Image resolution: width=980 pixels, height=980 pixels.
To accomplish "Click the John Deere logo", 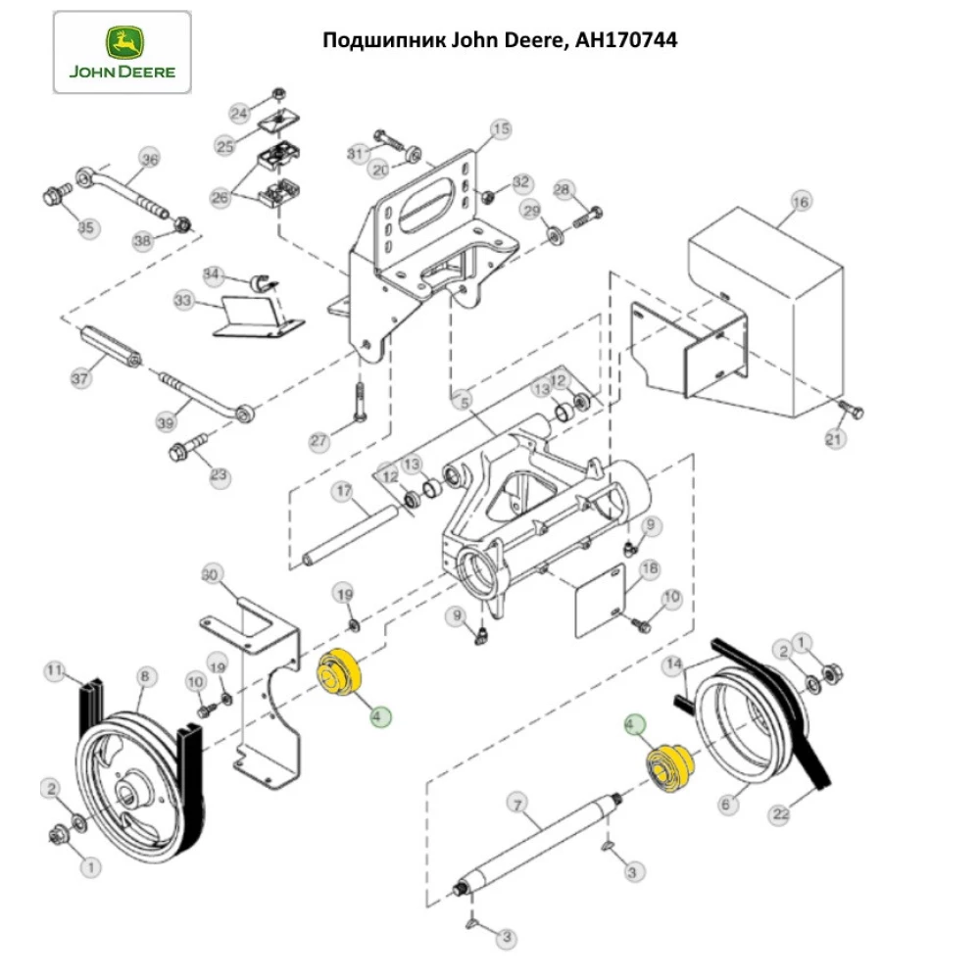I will pos(122,51).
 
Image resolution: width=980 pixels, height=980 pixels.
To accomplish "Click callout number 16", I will pos(801,202).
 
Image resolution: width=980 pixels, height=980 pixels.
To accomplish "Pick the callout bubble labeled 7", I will pos(516,805).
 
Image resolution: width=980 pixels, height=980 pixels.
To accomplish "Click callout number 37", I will pos(81,377).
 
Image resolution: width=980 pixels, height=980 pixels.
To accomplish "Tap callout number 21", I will pos(833,440).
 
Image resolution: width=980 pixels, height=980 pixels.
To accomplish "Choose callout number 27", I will pos(319,442).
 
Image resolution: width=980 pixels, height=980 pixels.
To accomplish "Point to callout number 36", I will pos(149,159).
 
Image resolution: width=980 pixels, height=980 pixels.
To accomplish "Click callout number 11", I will pos(55,670).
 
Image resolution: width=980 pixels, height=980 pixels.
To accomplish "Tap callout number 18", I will pos(649,568).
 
